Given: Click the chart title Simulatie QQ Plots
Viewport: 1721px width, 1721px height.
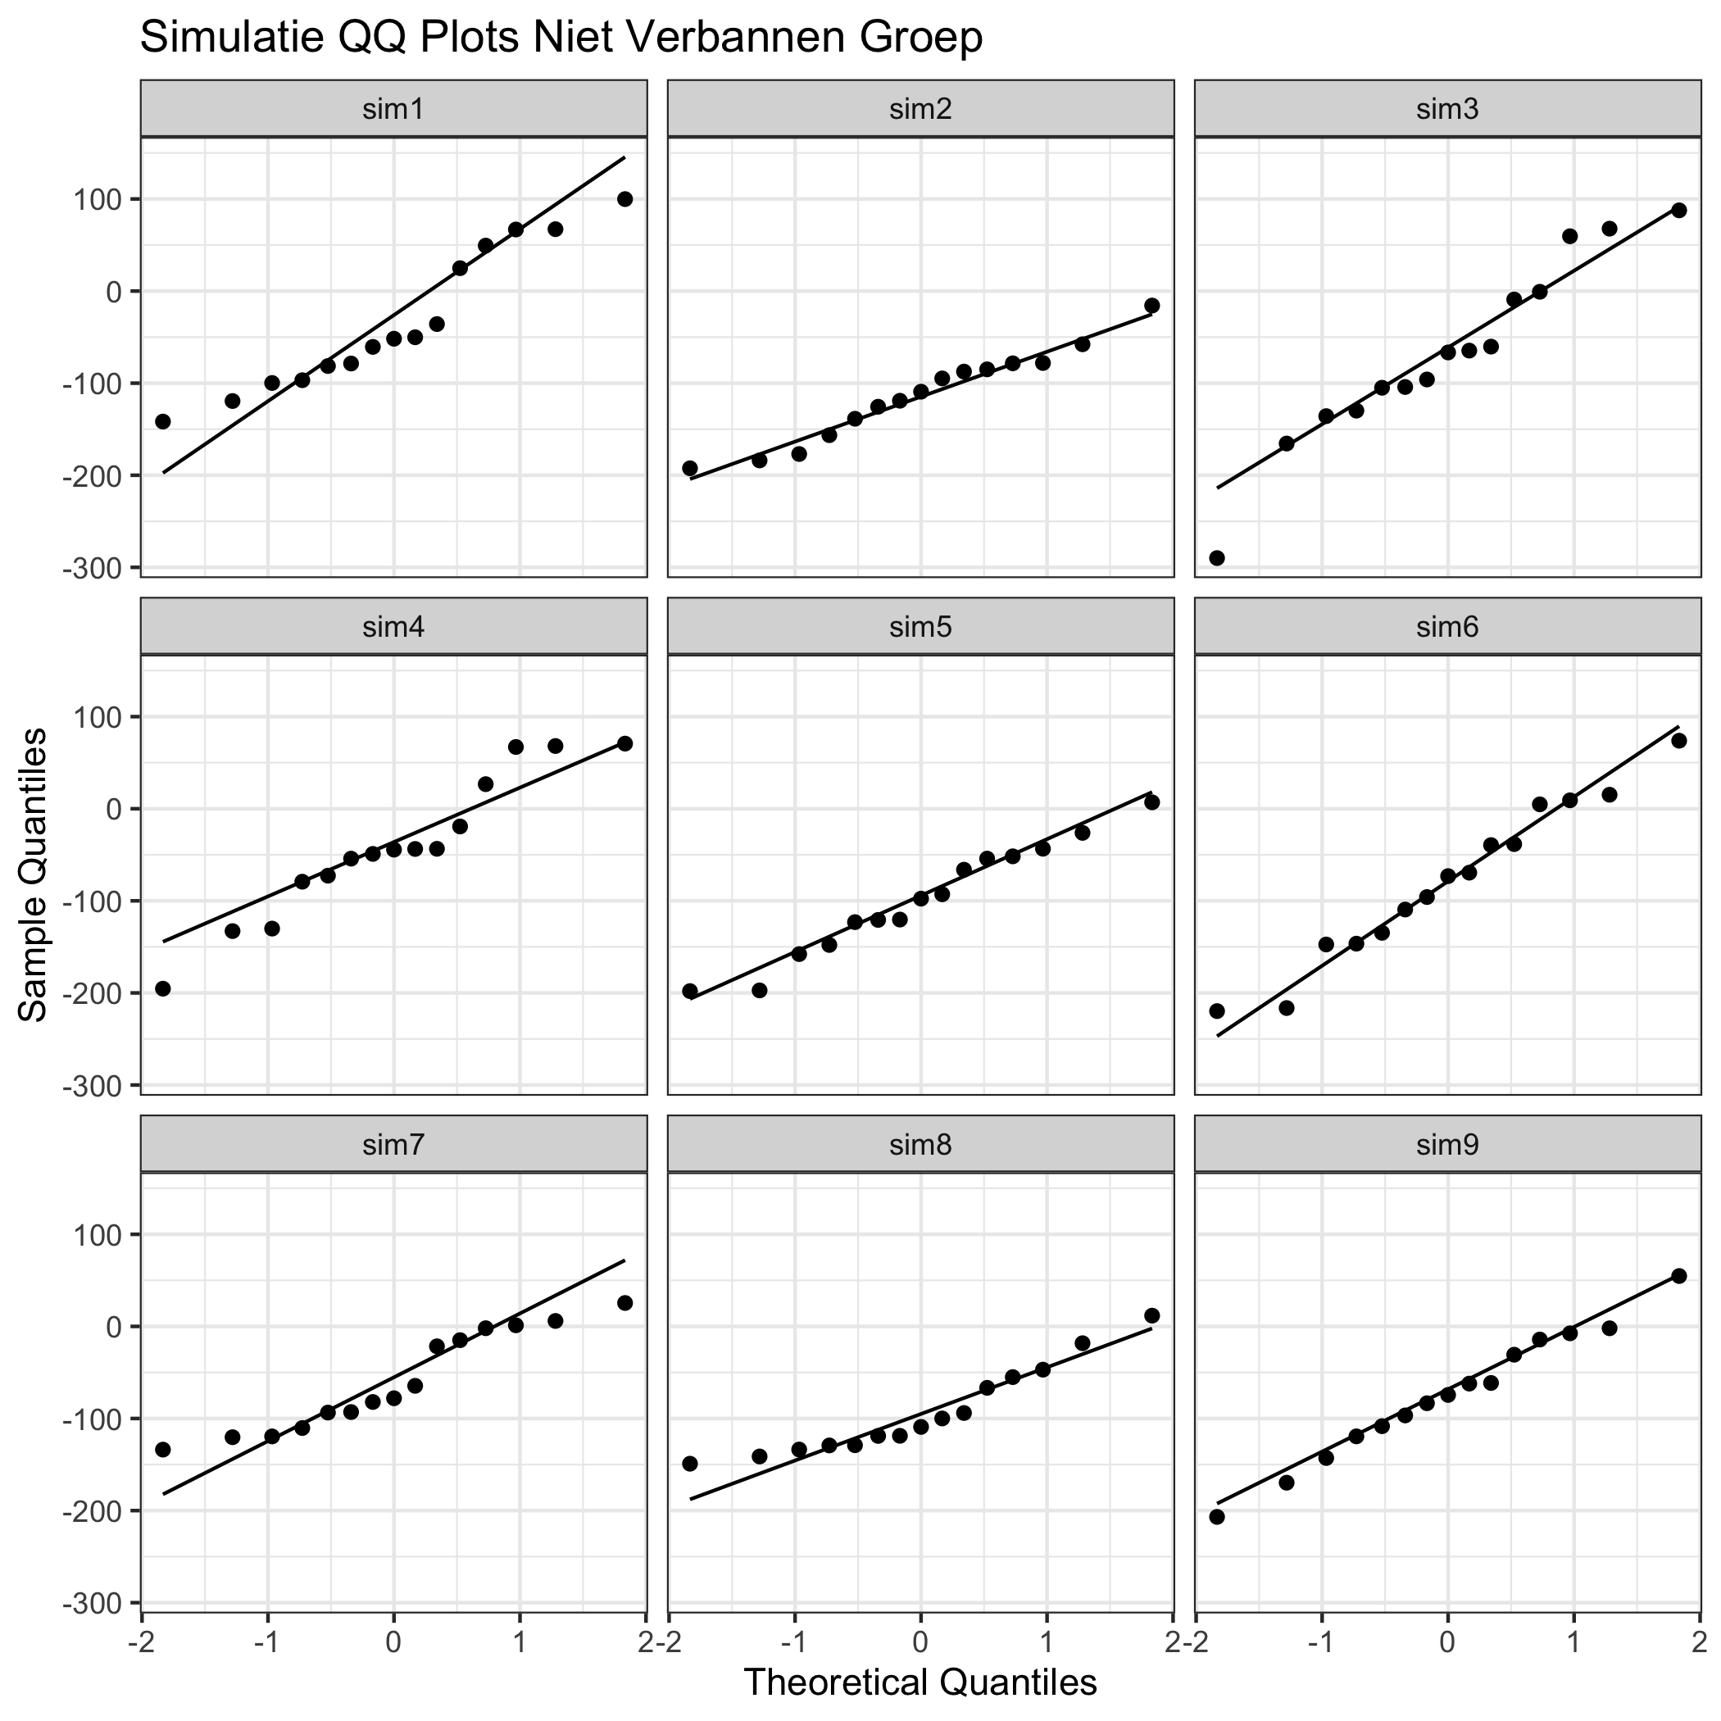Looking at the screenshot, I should (x=561, y=39).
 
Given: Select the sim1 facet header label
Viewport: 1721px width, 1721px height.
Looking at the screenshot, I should (x=393, y=109).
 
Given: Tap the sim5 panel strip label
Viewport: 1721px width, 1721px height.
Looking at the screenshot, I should (x=920, y=627).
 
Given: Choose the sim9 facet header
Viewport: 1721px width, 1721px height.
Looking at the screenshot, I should (x=1447, y=1145).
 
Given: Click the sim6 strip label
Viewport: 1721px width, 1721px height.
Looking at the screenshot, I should (x=1447, y=627).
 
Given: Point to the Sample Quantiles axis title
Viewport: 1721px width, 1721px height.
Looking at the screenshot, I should (x=34, y=874).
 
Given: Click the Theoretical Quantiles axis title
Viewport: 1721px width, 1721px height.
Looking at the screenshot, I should (x=920, y=1682).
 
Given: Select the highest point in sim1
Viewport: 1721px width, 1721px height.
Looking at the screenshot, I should (x=624, y=198).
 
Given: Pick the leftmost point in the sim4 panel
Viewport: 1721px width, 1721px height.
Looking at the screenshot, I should (x=163, y=989).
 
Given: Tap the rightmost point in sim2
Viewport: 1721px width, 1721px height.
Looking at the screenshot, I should (x=1151, y=306).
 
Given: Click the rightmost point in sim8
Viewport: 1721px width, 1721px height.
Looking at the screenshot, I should (x=1151, y=1315).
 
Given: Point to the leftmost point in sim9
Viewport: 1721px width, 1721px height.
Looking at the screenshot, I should (x=1217, y=1517).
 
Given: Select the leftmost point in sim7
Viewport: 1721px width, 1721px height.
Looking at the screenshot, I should (x=163, y=1449).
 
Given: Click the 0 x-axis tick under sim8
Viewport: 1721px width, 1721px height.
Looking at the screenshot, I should (x=921, y=1637).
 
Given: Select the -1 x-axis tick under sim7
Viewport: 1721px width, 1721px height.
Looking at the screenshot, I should (x=265, y=1637).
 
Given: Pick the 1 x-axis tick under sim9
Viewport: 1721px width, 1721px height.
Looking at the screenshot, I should (x=1574, y=1637).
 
